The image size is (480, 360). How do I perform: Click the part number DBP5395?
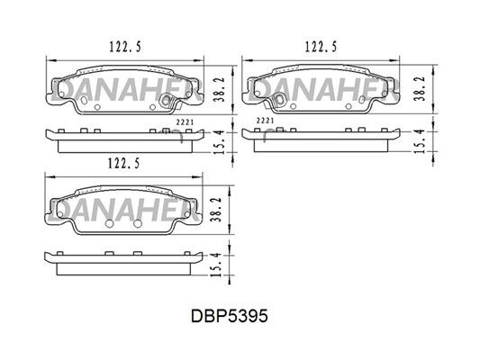[x=230, y=316]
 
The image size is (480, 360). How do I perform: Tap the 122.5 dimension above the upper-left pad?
[x=125, y=47]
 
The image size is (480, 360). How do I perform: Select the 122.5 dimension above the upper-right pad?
[x=321, y=47]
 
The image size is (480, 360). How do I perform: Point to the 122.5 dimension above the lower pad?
[x=124, y=163]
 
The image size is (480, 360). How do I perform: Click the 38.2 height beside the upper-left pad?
[x=220, y=89]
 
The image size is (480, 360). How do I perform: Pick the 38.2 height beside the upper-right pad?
[x=419, y=89]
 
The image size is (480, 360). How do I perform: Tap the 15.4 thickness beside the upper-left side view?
[x=221, y=142]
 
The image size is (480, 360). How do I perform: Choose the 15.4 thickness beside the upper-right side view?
[x=419, y=141]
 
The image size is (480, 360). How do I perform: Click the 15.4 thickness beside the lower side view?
[x=217, y=265]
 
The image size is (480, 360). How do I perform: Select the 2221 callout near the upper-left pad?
[x=186, y=122]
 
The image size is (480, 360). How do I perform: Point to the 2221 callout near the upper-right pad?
[x=265, y=121]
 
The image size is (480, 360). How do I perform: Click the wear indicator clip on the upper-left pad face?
[x=167, y=100]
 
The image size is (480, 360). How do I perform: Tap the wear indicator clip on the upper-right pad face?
[x=279, y=98]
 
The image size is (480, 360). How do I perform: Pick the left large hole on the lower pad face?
[x=109, y=223]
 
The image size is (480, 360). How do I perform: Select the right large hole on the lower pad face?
[x=138, y=223]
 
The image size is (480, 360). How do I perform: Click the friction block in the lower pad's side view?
[x=124, y=269]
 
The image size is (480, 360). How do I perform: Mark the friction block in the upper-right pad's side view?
[x=321, y=146]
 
